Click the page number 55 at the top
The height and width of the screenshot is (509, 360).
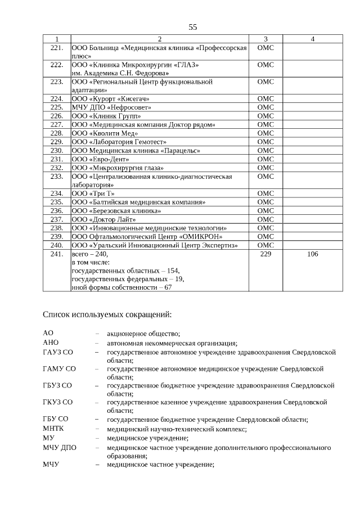[x=193, y=27]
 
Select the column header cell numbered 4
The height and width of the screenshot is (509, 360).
[x=312, y=39]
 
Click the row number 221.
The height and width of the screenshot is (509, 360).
[x=56, y=48]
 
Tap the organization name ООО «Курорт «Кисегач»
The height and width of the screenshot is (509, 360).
[x=111, y=98]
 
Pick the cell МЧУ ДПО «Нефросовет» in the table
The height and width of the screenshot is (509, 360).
[x=103, y=107]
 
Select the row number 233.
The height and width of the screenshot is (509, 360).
[x=56, y=176]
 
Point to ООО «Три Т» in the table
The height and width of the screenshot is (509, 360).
[x=93, y=193]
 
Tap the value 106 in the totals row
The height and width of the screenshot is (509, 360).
[x=312, y=254]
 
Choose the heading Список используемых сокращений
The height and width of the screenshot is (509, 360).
[x=107, y=314]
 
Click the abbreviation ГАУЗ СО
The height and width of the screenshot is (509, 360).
[x=59, y=352]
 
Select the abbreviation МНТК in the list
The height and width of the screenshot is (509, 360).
[x=54, y=429]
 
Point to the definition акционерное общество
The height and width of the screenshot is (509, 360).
[x=143, y=334]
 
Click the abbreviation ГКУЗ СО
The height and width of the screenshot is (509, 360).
[x=58, y=402]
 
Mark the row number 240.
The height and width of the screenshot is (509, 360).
[x=56, y=245]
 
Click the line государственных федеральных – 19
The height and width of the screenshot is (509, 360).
[x=128, y=278]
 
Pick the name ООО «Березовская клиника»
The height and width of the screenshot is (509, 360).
[x=116, y=210]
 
